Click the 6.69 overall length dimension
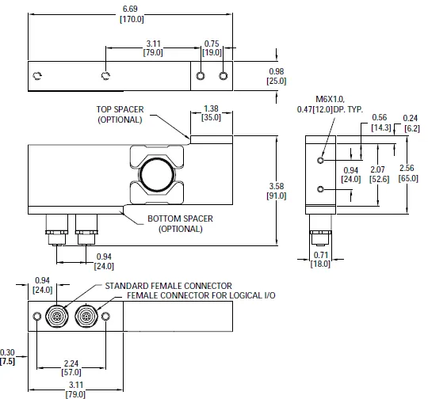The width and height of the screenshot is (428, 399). coord(132,14)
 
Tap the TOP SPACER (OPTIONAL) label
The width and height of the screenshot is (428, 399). coord(120,115)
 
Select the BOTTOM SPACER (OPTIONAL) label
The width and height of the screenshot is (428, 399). coord(180,223)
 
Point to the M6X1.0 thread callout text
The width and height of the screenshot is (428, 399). coord(330,99)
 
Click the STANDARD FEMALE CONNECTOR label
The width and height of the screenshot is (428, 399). coord(168,286)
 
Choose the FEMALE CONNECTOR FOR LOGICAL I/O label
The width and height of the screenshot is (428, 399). coord(201,295)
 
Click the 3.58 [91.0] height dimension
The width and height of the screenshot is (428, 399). coord(277,191)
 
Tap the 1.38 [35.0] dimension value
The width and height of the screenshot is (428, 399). coord(211,113)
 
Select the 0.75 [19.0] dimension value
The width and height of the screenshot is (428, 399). coord(212,48)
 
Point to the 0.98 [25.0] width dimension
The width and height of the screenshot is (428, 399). coord(277,76)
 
